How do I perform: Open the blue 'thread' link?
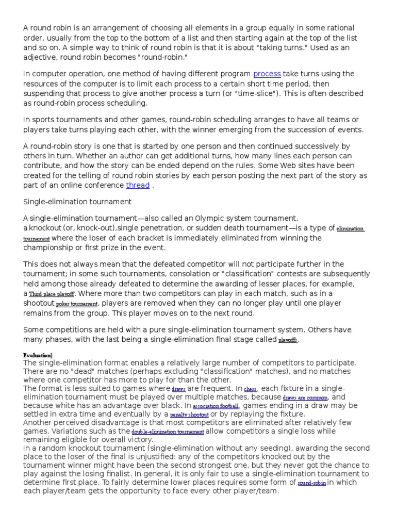pos(138,185)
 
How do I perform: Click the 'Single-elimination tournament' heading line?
pos(77,201)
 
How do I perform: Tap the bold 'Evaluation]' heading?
pos(38,355)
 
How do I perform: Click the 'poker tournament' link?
pos(77,304)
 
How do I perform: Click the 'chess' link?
pos(250,388)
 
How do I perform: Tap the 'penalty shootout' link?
pos(190,415)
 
